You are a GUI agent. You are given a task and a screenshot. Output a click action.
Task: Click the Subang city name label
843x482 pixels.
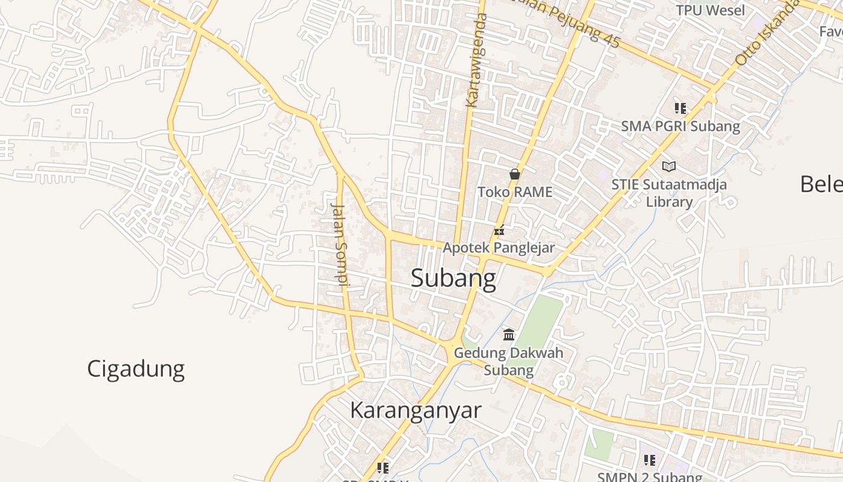(453, 278)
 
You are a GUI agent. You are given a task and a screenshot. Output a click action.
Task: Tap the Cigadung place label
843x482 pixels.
(135, 369)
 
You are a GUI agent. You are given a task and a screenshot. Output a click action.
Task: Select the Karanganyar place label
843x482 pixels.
(415, 410)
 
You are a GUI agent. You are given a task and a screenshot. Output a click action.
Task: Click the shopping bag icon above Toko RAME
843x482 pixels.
(514, 174)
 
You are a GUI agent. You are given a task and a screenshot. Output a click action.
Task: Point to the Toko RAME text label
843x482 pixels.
(515, 192)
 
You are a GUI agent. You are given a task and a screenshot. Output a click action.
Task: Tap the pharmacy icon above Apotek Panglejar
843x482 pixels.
(499, 230)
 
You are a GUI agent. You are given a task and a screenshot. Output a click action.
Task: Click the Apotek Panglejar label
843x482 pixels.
(499, 248)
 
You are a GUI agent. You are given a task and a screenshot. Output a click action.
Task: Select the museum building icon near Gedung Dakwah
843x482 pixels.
(509, 334)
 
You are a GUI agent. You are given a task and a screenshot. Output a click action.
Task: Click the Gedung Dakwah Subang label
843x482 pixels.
(509, 361)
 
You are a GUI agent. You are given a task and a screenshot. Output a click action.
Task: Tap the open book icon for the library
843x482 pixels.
(669, 166)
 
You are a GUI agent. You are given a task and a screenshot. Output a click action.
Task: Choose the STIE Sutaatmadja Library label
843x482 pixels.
(669, 193)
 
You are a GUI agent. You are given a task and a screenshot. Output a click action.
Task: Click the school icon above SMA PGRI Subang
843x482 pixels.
(680, 108)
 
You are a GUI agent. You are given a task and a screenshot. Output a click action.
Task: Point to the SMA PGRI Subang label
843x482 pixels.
(680, 127)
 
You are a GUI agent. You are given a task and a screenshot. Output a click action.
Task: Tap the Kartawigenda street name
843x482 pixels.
(476, 60)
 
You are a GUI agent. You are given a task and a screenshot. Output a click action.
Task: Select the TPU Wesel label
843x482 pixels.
(710, 10)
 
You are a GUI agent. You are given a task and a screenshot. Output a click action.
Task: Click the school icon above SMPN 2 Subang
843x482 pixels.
(650, 460)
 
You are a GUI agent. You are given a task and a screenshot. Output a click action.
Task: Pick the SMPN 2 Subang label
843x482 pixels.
(650, 477)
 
